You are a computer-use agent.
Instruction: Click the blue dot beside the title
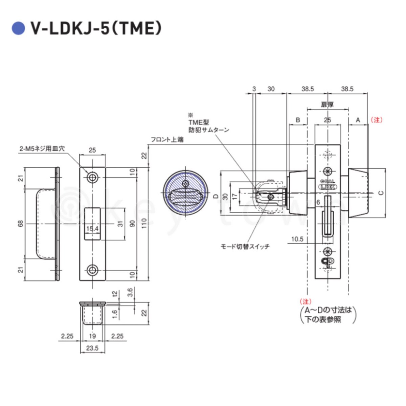pyautogui.click(x=19, y=28)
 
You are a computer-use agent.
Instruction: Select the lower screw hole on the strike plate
pyautogui.click(x=92, y=270)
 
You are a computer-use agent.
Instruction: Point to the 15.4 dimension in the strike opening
pyautogui.click(x=92, y=229)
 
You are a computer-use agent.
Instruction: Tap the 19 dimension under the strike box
pyautogui.click(x=92, y=336)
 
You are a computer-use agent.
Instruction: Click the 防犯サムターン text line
pyautogui.click(x=209, y=130)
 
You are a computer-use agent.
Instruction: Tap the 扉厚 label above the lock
pyautogui.click(x=327, y=105)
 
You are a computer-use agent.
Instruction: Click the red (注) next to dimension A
pyautogui.click(x=376, y=120)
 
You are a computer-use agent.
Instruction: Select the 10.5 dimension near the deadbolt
pyautogui.click(x=297, y=239)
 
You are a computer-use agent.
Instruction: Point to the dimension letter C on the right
pyautogui.click(x=380, y=193)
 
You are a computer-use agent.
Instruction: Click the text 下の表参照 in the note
pyautogui.click(x=323, y=319)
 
